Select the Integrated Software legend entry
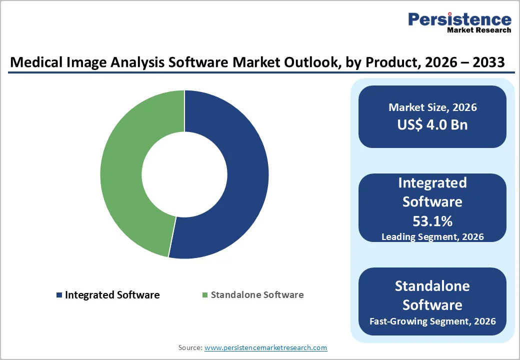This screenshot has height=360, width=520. tap(112, 295)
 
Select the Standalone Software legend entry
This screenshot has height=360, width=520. tap(257, 295)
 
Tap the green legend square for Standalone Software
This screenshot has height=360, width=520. tap(205, 295)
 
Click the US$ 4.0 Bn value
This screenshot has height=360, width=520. tap(432, 124)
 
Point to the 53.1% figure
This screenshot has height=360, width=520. tap(432, 221)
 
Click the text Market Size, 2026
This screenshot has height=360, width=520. tap(432, 107)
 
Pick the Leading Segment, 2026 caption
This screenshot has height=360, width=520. tap(432, 236)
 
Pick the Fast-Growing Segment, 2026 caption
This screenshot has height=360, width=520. tap(432, 321)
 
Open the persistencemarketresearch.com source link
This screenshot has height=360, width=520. tap(265, 347)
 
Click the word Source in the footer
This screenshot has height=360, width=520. tap(190, 347)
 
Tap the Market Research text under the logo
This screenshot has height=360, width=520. tap(479, 30)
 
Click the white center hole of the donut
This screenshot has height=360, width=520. tap(184, 174)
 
